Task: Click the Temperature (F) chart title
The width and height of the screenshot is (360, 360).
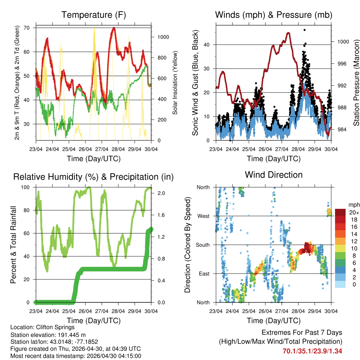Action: point(94,15)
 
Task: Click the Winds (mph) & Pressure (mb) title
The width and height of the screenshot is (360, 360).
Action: point(274,15)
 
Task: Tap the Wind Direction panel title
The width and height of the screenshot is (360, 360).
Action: point(274,174)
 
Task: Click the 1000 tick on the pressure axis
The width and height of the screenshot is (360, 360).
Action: point(342,41)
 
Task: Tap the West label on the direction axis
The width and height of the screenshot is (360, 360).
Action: point(204,216)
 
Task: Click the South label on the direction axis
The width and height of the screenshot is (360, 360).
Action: point(203,245)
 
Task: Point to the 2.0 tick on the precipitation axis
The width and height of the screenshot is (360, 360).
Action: point(159,193)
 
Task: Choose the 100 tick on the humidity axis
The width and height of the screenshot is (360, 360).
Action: point(28,187)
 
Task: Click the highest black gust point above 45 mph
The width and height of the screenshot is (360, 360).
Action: point(304,30)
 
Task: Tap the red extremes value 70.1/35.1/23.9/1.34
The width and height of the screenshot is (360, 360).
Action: point(312,351)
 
